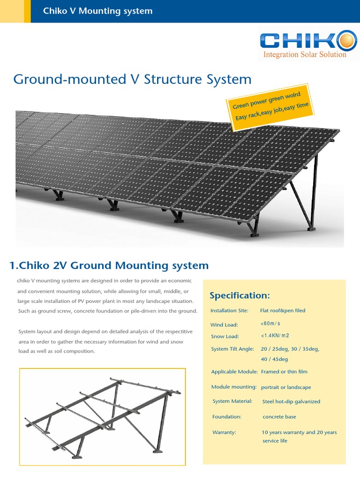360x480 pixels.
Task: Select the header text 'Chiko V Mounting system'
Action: (x=97, y=11)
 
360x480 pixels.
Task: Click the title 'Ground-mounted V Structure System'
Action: (x=132, y=79)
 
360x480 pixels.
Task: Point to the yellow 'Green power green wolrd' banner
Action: (x=270, y=107)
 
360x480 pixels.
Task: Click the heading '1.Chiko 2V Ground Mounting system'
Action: (x=109, y=265)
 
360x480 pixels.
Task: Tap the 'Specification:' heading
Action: (x=240, y=295)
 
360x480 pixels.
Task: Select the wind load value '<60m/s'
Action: (x=270, y=323)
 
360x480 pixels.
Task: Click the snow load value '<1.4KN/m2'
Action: (x=275, y=336)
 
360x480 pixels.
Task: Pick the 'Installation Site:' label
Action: (x=230, y=310)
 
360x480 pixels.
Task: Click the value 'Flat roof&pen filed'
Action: (x=282, y=310)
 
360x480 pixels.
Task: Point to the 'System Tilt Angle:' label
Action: (x=232, y=349)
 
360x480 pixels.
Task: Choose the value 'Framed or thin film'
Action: (x=284, y=372)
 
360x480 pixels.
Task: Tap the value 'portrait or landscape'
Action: (x=285, y=387)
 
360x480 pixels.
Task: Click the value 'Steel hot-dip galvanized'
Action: (x=291, y=402)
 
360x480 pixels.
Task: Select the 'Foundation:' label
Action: (x=226, y=417)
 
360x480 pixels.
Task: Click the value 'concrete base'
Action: (x=279, y=417)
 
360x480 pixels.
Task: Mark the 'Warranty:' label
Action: (x=224, y=432)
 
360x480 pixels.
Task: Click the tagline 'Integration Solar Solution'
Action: (x=305, y=54)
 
